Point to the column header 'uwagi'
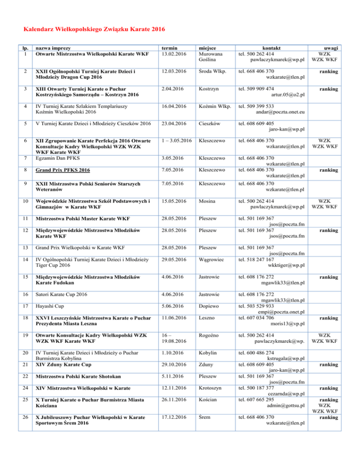tap(334, 48)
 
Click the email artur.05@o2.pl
tap(287, 96)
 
